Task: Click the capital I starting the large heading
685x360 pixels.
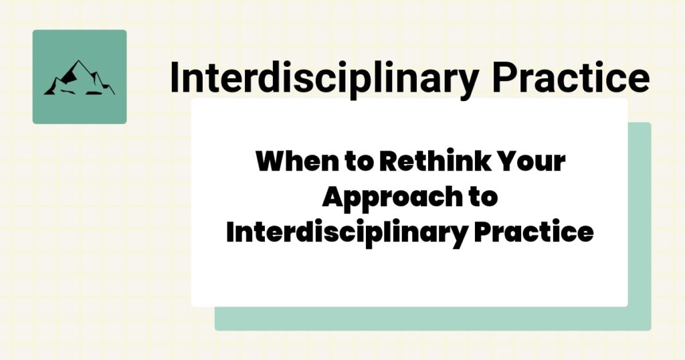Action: (175, 78)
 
